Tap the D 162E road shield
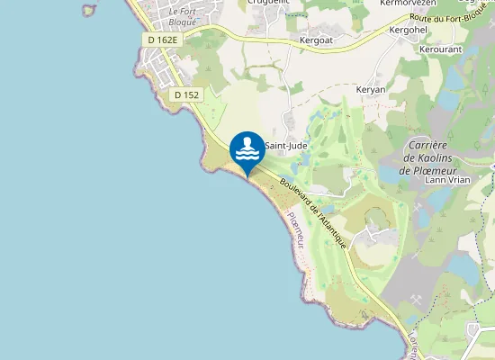coord(163,40)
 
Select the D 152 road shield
coord(187,94)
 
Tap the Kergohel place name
coord(408,30)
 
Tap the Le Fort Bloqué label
coord(188,17)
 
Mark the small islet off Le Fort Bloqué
coord(88,9)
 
